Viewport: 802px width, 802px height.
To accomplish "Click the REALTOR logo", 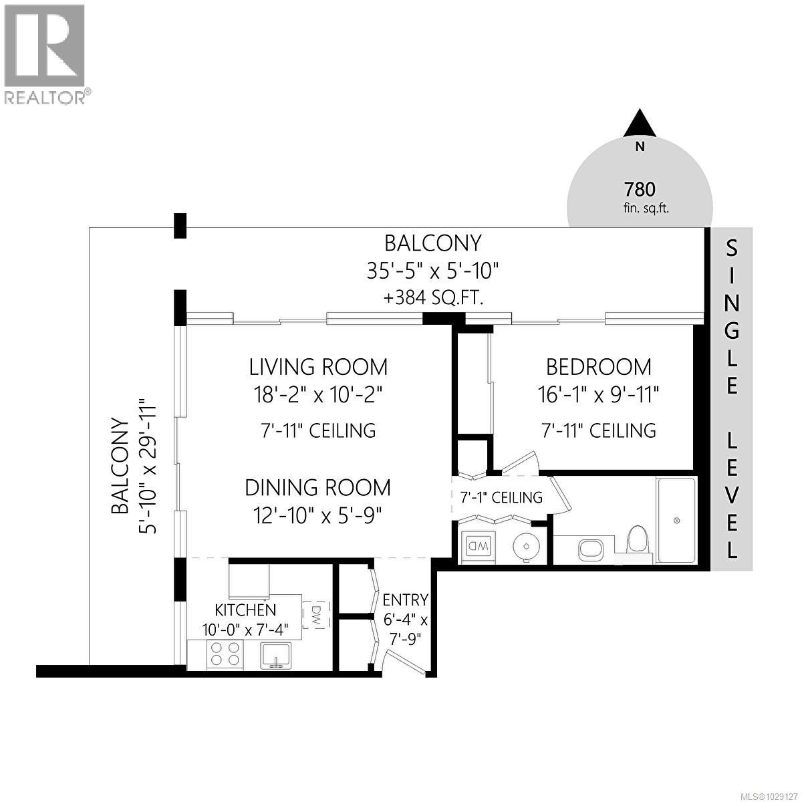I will click(44, 53).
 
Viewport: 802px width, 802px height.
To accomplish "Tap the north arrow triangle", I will click(640, 124).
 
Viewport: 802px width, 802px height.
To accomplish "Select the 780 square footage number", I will click(640, 189).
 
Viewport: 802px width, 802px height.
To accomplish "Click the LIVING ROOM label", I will click(318, 367).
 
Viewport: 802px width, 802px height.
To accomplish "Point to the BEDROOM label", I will click(598, 367).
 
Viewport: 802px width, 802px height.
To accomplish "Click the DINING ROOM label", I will click(317, 487).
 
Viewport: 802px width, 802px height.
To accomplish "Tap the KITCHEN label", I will click(245, 610).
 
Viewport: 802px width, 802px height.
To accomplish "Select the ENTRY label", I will click(405, 599).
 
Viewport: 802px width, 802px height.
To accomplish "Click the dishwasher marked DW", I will click(316, 614).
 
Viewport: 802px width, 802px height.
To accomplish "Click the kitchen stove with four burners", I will click(225, 653).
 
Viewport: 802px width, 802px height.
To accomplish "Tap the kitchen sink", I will click(275, 655).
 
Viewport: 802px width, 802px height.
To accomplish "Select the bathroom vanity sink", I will click(590, 550).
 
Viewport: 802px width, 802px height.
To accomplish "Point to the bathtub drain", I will click(676, 520).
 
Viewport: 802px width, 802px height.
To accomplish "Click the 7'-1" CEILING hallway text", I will click(501, 497).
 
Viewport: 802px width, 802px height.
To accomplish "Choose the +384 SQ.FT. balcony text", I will click(433, 298).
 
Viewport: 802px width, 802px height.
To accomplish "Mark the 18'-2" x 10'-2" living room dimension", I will click(318, 396).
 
